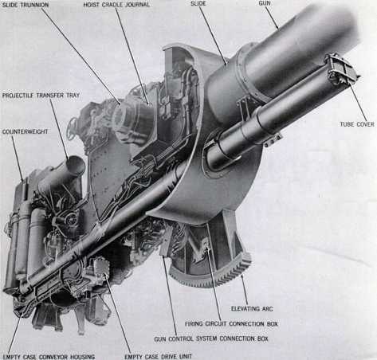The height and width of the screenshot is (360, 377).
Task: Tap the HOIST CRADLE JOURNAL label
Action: pyautogui.click(x=119, y=5)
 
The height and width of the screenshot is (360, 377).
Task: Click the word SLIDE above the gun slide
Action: pyautogui.click(x=200, y=5)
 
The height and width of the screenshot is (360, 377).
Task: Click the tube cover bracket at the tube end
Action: pyautogui.click(x=340, y=69)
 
